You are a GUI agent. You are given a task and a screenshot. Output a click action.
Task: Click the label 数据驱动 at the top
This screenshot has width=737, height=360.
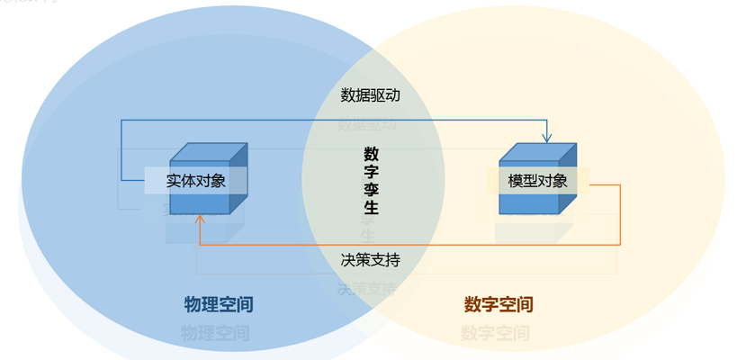point(370,94)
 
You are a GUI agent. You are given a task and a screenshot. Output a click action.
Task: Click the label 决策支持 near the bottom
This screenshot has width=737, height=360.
point(370,259)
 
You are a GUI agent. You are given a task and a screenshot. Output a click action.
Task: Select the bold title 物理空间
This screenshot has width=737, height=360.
point(218,304)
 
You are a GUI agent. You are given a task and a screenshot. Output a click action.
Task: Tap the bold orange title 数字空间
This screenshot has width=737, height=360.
point(499,304)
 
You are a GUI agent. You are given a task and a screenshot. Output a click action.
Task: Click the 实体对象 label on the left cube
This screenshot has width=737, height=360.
point(196,180)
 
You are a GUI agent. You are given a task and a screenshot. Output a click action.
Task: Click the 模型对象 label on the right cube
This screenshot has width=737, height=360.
point(537,180)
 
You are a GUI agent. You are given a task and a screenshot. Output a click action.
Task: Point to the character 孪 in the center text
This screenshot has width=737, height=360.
point(371,189)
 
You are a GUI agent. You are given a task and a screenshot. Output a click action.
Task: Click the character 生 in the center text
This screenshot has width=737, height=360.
point(371,208)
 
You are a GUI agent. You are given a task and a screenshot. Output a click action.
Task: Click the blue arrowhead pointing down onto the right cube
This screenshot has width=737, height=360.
point(546,138)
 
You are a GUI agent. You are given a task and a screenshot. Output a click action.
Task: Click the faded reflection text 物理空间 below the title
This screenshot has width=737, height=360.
point(215,334)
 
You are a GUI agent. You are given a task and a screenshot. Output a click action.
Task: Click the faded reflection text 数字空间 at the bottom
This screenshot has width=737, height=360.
point(495,334)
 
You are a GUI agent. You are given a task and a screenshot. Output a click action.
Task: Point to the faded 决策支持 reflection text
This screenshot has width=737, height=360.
point(367,289)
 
